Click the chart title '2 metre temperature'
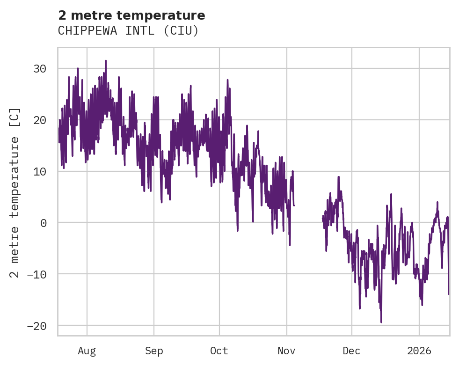click(x=131, y=15)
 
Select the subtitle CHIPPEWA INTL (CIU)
click(x=128, y=31)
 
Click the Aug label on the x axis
click(x=87, y=351)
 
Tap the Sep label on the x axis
click(x=153, y=351)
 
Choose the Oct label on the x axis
click(x=219, y=351)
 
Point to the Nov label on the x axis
click(x=286, y=351)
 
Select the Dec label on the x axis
click(x=351, y=351)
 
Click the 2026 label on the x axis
click(x=419, y=351)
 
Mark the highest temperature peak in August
click(x=106, y=61)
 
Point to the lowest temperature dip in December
click(x=381, y=322)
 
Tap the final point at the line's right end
click(x=449, y=294)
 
